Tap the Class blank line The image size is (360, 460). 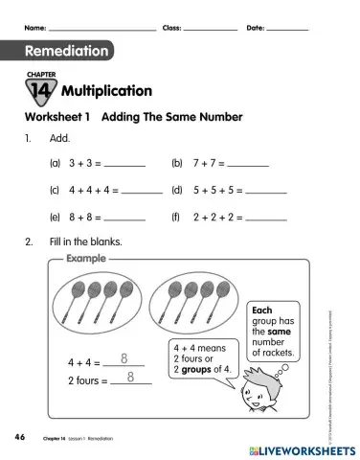pos(210,29)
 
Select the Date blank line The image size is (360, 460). pos(287,29)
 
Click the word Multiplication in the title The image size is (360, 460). pos(106,91)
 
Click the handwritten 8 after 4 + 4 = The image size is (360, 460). pos(124,358)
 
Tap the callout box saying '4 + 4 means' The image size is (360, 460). pos(200,358)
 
